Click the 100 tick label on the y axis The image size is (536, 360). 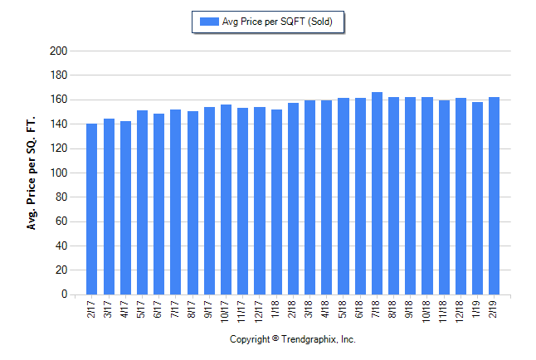pyautogui.click(x=58, y=173)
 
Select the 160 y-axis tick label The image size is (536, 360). pyautogui.click(x=58, y=100)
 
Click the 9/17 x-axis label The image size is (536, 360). pyautogui.click(x=209, y=309)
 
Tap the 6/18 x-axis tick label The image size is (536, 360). pyautogui.click(x=360, y=309)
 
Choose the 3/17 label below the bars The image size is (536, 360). pyautogui.click(x=109, y=309)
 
